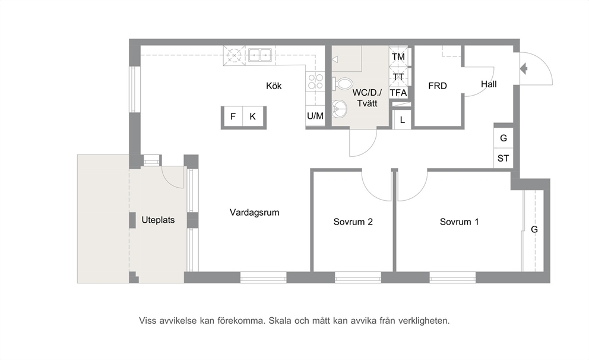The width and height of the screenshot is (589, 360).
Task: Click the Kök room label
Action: [274, 86]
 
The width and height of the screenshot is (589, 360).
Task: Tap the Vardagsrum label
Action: [254, 212]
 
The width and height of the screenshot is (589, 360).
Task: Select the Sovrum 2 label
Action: [353, 222]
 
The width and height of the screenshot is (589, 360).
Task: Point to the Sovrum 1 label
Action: [460, 222]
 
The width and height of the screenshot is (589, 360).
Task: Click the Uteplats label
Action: [158, 220]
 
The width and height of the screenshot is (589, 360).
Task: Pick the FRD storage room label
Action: [438, 86]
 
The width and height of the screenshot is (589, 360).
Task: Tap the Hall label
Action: [489, 84]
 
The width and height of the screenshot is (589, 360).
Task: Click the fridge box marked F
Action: [233, 116]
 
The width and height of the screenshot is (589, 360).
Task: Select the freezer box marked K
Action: [253, 116]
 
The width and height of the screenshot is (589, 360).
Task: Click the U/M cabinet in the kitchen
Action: [315, 116]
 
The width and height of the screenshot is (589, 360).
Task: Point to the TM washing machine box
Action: [398, 57]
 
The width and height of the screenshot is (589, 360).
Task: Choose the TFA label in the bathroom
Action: [398, 93]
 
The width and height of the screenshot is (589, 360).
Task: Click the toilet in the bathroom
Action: [342, 84]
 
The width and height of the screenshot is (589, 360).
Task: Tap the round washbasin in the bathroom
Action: [340, 109]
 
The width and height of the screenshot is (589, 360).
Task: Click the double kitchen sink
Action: [259, 55]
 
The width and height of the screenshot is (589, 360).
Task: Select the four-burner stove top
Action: [315, 81]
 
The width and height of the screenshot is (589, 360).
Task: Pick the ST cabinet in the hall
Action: [503, 158]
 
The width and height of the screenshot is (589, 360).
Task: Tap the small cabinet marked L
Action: [403, 120]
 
